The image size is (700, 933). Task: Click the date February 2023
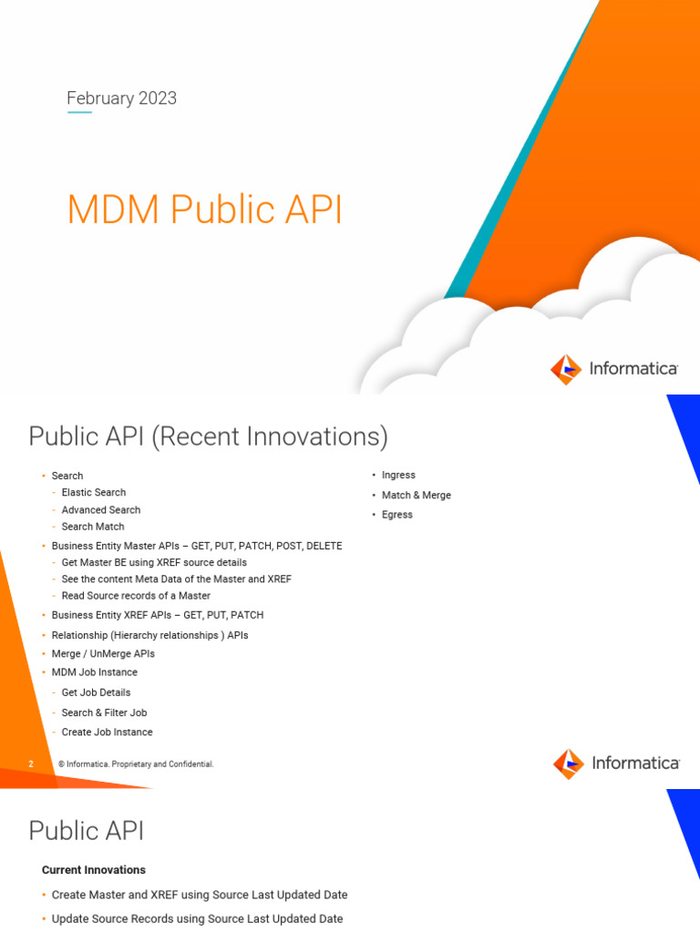122,98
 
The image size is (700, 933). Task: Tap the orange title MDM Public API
205,210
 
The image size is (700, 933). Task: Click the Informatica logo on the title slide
614,369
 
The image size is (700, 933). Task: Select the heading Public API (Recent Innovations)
208,436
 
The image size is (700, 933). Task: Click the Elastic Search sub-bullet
94,492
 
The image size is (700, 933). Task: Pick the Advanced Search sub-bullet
101,509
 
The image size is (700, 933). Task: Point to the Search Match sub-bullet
93,527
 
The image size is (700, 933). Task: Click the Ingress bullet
398,475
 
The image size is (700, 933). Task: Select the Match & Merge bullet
416,495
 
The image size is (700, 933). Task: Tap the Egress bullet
397,515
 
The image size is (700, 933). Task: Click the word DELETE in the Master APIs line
325,546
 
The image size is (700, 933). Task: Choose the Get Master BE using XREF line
154,562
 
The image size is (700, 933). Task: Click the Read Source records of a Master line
136,596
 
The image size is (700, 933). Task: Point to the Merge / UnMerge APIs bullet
103,653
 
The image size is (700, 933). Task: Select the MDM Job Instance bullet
95,672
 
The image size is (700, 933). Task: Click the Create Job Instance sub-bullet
107,732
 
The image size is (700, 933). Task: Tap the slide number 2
31,764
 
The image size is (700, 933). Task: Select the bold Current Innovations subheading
94,870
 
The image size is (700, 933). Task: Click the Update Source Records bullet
197,918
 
